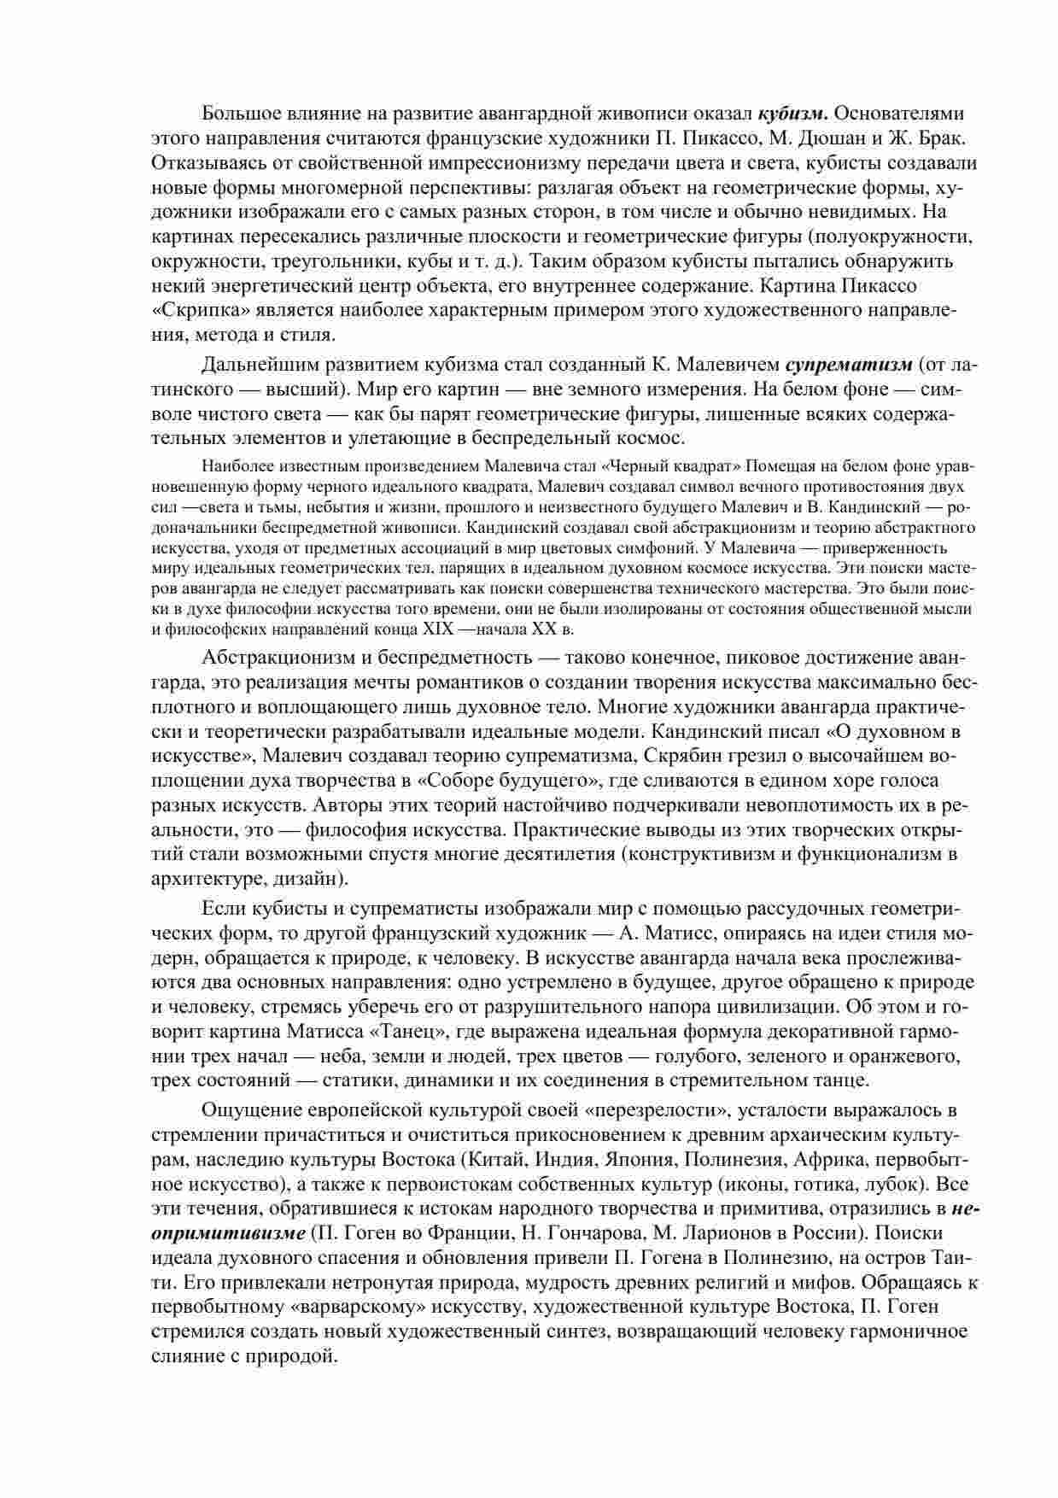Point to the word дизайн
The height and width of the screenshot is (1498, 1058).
click(x=307, y=878)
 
